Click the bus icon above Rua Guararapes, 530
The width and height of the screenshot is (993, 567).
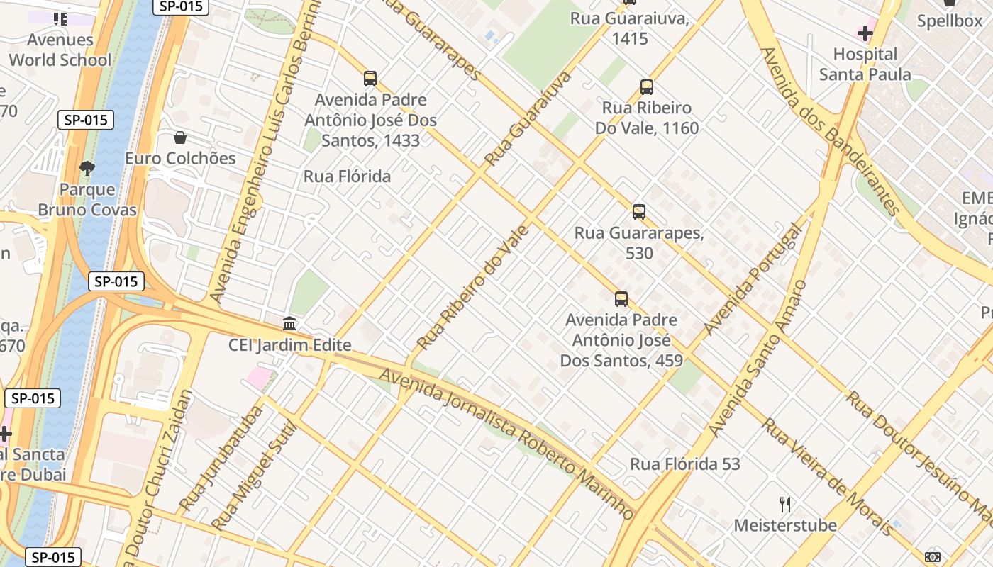pyautogui.click(x=639, y=211)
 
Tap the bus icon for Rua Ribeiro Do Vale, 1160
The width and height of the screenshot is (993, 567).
pyautogui.click(x=646, y=87)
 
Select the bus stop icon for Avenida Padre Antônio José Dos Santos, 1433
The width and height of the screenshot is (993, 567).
pyautogui.click(x=370, y=78)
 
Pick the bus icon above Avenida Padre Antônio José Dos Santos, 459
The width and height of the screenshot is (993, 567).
pyautogui.click(x=621, y=298)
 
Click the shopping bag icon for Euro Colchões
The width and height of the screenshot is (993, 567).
pyautogui.click(x=180, y=137)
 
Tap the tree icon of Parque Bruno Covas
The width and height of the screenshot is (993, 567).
pyautogui.click(x=87, y=169)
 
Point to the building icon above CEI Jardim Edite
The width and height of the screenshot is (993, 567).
pyautogui.click(x=289, y=324)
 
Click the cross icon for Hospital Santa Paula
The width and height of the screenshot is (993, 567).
pyautogui.click(x=865, y=33)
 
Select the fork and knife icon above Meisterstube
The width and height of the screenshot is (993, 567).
pyautogui.click(x=785, y=504)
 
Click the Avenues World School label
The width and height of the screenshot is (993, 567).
pyautogui.click(x=60, y=50)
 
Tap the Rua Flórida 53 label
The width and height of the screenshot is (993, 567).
pyautogui.click(x=685, y=464)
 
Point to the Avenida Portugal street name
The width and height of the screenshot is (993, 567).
pyautogui.click(x=753, y=279)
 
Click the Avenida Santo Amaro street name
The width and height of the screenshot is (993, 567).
pyautogui.click(x=758, y=359)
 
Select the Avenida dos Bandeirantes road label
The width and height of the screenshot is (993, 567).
pyautogui.click(x=829, y=131)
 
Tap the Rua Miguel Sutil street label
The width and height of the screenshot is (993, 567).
pyautogui.click(x=253, y=476)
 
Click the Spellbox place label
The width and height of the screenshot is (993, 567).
pyautogui.click(x=950, y=21)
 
